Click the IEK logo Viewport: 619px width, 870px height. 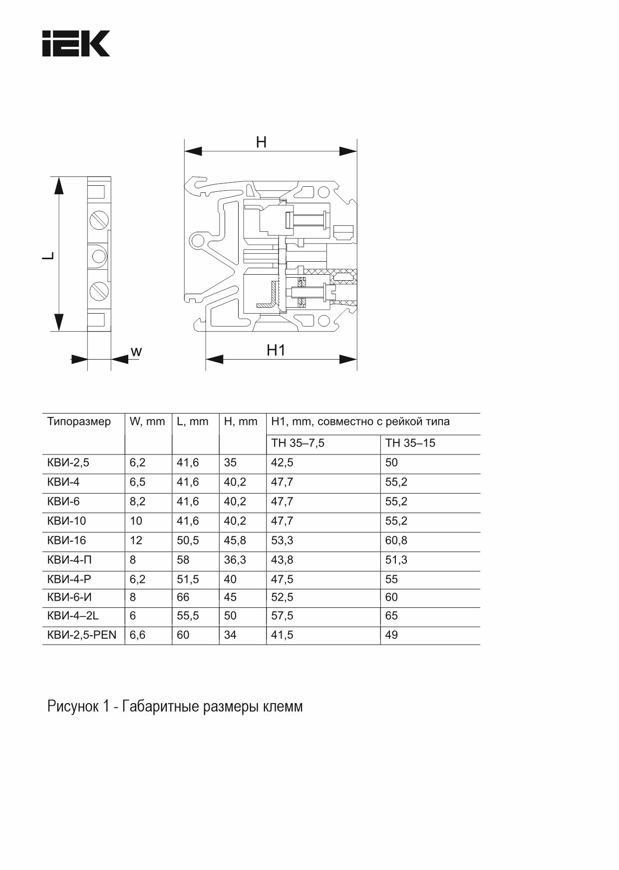[x=76, y=43]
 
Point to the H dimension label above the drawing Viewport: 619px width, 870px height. [x=261, y=142]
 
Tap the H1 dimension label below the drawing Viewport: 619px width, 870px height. [x=276, y=350]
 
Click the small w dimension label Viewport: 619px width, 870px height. [x=136, y=352]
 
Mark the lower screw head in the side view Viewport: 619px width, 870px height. [x=99, y=291]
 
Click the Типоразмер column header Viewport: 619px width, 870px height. [x=79, y=422]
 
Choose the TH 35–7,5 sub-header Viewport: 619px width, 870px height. [x=298, y=443]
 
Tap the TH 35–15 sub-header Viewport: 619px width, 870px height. [x=410, y=443]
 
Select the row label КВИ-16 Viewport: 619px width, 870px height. [x=66, y=540]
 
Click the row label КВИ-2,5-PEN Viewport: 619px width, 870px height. [x=81, y=635]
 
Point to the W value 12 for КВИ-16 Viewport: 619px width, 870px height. [x=136, y=540]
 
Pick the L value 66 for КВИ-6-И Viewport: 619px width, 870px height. [x=183, y=597]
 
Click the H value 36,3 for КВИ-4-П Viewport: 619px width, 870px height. [x=235, y=560]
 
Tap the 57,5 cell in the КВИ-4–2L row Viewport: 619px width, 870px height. [x=282, y=616]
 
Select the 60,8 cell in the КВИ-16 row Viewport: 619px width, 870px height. [x=396, y=540]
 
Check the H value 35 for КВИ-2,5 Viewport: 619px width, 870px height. [x=230, y=462]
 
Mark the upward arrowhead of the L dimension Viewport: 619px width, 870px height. [x=59, y=186]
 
